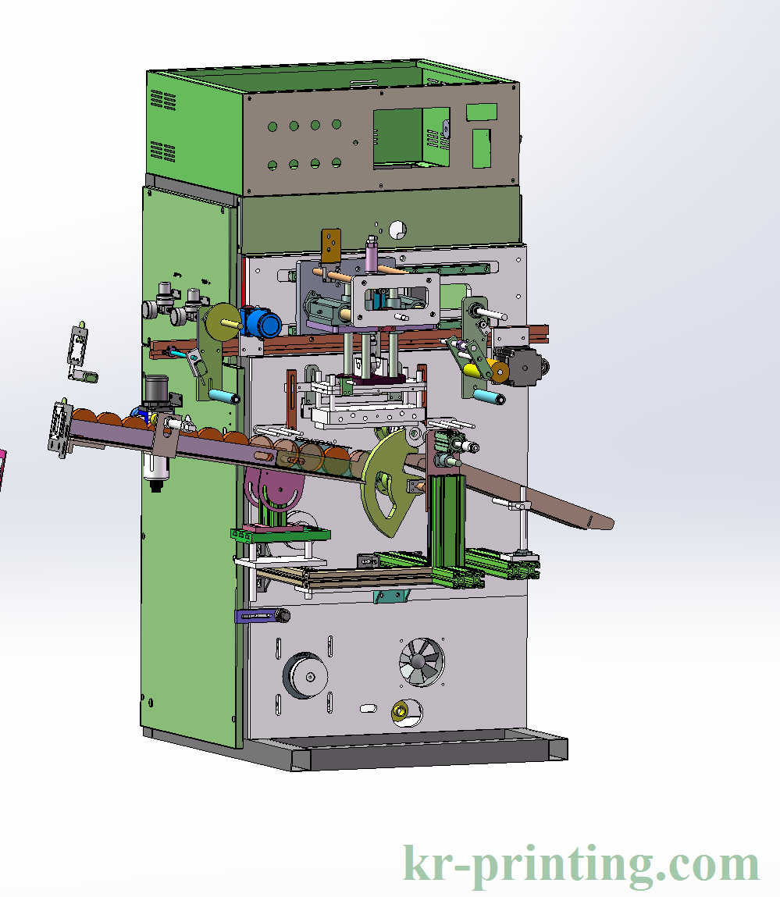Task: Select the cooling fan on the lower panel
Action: [x=422, y=662]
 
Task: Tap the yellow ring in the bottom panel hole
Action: [x=399, y=711]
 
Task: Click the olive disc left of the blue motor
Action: [x=222, y=322]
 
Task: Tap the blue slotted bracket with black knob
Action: [x=261, y=616]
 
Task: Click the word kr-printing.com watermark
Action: [x=581, y=865]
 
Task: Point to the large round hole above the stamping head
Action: [x=397, y=229]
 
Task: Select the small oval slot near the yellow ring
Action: [x=367, y=709]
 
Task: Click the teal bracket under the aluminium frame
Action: [x=391, y=596]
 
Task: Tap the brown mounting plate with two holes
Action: [x=332, y=246]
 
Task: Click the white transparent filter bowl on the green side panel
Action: [x=156, y=466]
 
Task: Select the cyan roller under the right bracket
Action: [x=490, y=400]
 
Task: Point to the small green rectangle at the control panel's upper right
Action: [x=482, y=112]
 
